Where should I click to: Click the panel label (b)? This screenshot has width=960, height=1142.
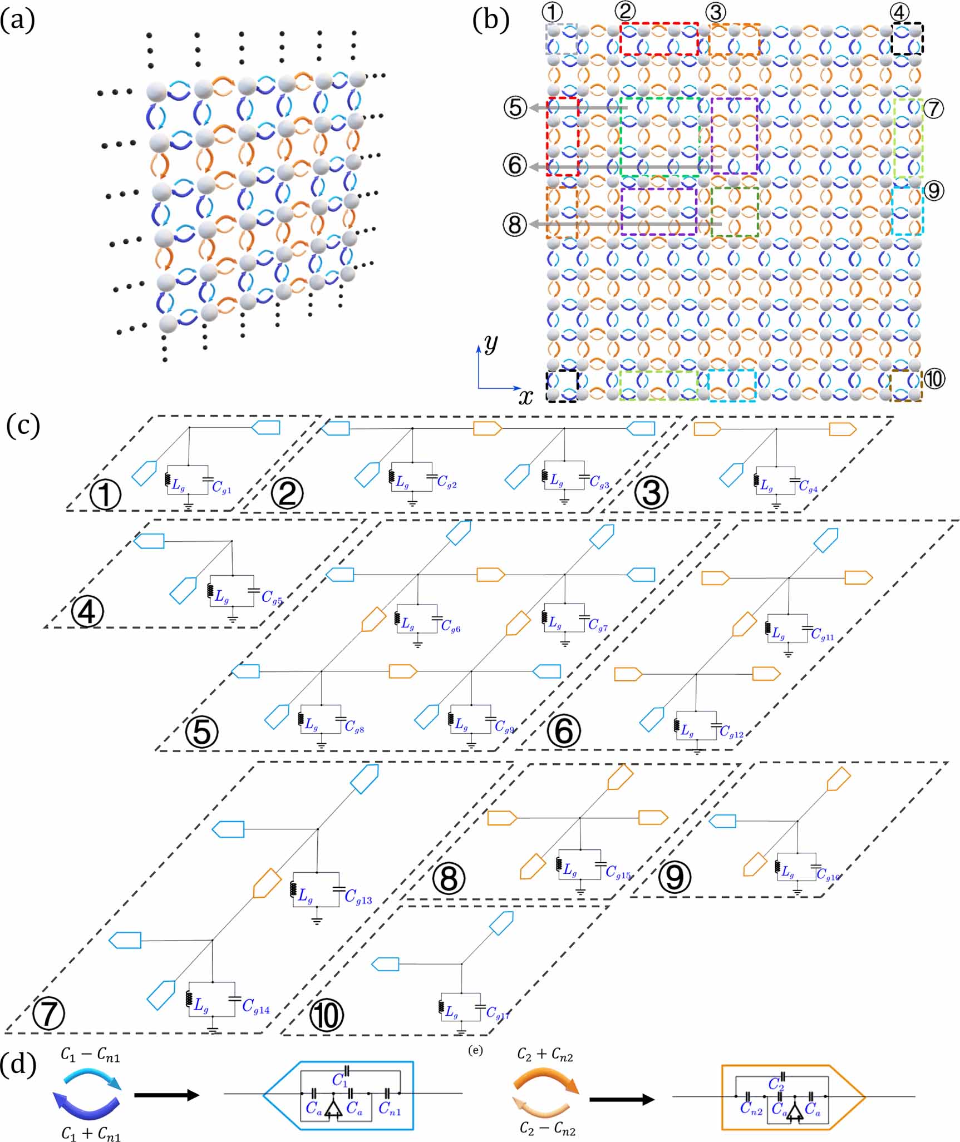(490, 21)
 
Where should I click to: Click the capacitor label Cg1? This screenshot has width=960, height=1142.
(221, 487)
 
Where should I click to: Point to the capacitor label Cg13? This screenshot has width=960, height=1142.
(358, 897)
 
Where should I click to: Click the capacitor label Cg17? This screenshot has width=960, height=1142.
(498, 1014)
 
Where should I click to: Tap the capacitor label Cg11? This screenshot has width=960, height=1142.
(823, 634)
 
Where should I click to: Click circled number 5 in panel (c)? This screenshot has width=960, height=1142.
(202, 732)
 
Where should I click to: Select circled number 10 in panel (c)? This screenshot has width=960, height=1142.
(327, 1016)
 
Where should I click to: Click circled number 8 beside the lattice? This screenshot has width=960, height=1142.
(515, 224)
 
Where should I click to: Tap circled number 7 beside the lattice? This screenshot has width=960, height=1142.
(933, 108)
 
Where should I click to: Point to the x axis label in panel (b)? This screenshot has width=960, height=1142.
(525, 397)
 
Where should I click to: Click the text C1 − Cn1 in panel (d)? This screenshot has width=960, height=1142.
(91, 1056)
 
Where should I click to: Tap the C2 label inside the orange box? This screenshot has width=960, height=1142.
(776, 1084)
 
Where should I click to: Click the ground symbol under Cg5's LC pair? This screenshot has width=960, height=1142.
(232, 618)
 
